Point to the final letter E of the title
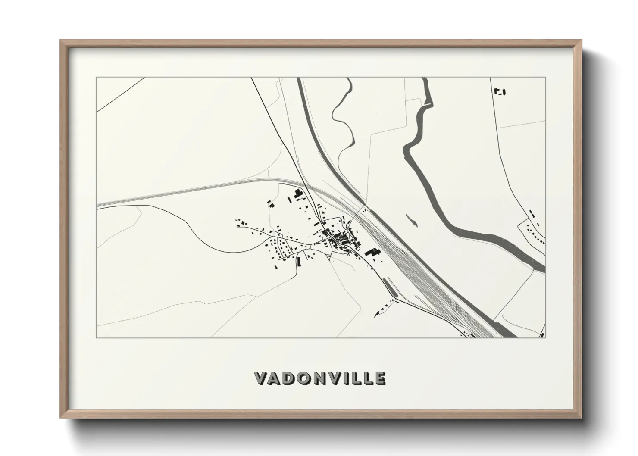point(380,378)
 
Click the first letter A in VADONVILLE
point(275,378)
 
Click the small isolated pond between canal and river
point(412,220)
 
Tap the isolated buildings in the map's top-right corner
point(500,91)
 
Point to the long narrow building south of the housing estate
point(298,261)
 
